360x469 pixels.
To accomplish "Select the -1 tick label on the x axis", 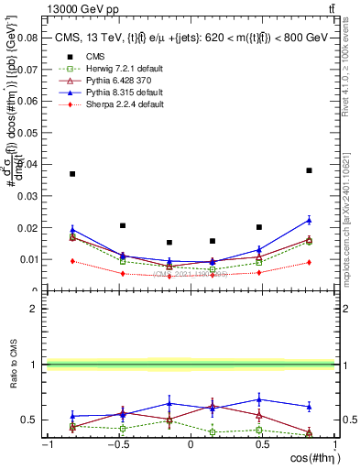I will (x=45, y=444).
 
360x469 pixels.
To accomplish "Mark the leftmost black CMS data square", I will (x=72, y=173).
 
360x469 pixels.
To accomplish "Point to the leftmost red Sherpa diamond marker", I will (x=72, y=261).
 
